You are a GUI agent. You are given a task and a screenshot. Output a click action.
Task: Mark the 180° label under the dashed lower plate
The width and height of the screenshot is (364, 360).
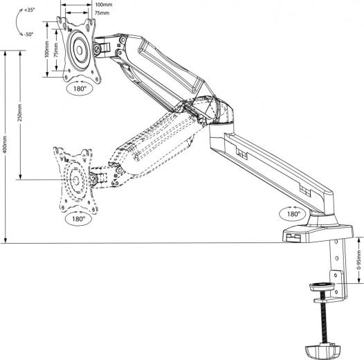pos(77,219)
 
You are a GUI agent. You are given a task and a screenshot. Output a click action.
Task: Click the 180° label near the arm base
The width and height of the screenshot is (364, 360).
pos(293,214)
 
